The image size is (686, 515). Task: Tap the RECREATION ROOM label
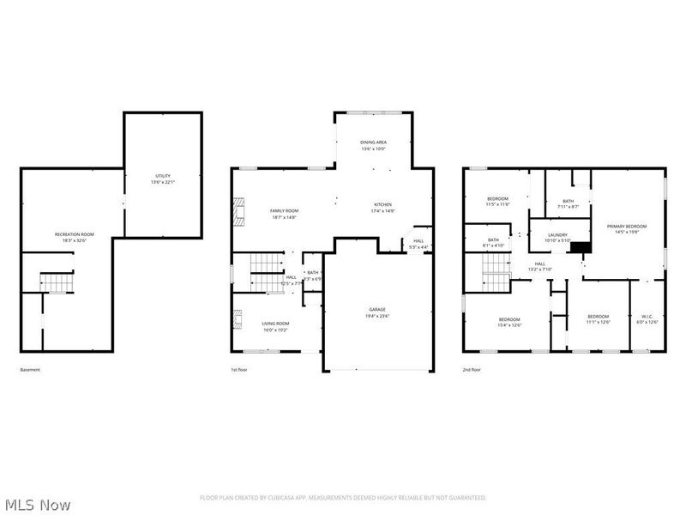pos(75,234)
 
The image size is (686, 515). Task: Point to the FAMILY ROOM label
pos(284,210)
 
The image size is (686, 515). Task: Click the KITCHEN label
pos(382,204)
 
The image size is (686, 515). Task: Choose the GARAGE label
pos(377,310)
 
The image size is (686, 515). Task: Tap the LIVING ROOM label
pos(275,324)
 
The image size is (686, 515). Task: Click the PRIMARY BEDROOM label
pos(627,227)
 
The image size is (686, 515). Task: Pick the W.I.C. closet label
pos(648,317)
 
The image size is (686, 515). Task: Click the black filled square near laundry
pos(581,248)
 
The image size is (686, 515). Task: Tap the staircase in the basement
pos(57,282)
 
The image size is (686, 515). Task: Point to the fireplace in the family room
pos(239,210)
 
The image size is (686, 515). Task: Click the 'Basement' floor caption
pos(30,370)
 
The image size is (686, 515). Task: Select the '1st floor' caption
pos(240,370)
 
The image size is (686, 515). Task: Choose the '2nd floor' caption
pos(472,370)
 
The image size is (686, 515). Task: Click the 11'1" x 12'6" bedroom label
pos(598,318)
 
